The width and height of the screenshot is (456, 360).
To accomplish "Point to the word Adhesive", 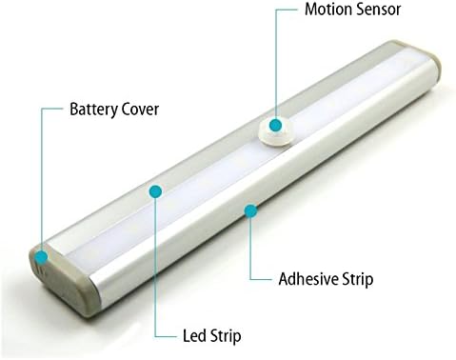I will (x=308, y=279).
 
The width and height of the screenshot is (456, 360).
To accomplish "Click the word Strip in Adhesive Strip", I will (x=358, y=279).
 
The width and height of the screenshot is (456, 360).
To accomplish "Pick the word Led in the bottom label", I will (x=192, y=335).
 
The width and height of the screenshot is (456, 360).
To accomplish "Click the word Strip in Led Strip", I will (x=225, y=335).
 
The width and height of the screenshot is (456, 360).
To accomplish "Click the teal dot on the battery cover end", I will (x=42, y=255).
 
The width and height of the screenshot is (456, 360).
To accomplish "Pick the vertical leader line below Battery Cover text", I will (x=42, y=181).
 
